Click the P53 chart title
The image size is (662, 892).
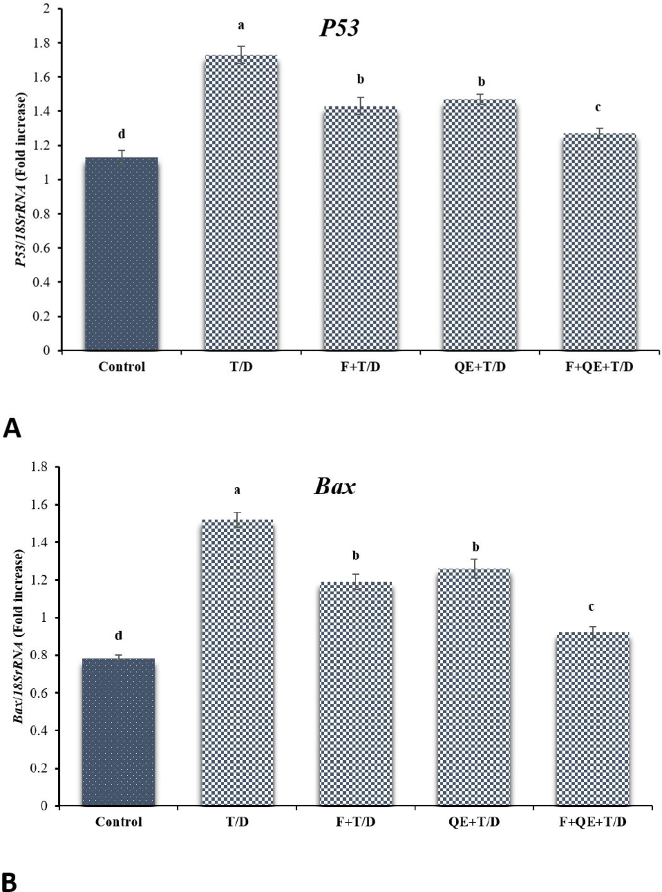(339, 29)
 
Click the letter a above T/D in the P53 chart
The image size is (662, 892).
(241, 26)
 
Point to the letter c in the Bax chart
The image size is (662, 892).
(591, 607)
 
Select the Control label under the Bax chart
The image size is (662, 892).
(119, 822)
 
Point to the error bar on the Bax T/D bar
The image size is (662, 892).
(238, 519)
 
